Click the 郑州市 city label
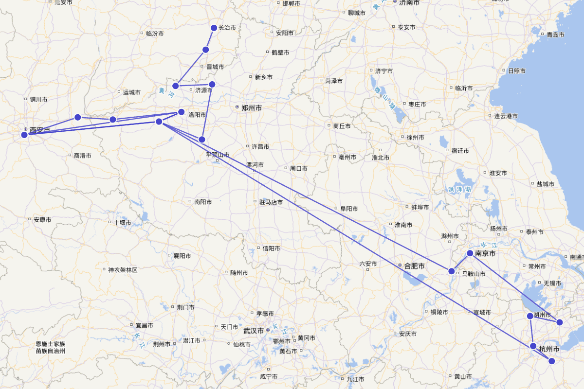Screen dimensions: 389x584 [x=251, y=108]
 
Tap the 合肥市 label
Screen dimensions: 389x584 [x=414, y=266]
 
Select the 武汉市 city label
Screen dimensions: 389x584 [x=254, y=331]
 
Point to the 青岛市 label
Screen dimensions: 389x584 [x=555, y=35]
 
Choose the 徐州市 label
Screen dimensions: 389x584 [x=416, y=137]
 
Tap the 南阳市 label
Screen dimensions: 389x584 [x=203, y=201]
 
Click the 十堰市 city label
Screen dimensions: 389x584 [x=122, y=222]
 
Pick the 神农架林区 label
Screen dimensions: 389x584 [x=123, y=270]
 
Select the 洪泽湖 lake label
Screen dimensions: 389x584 [x=459, y=189]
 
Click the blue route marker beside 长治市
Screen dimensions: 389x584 [x=214, y=28]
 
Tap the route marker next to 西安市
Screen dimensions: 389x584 [x=24, y=135]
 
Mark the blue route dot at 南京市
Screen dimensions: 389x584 [x=470, y=253]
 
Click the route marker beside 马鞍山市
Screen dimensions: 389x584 [x=452, y=271]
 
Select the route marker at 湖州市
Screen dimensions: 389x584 [x=530, y=316]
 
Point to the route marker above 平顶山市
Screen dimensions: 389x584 [x=202, y=140]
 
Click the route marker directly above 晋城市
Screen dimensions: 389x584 [x=206, y=50]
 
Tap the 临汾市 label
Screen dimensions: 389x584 [x=155, y=34]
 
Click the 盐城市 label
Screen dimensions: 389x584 [x=545, y=184]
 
